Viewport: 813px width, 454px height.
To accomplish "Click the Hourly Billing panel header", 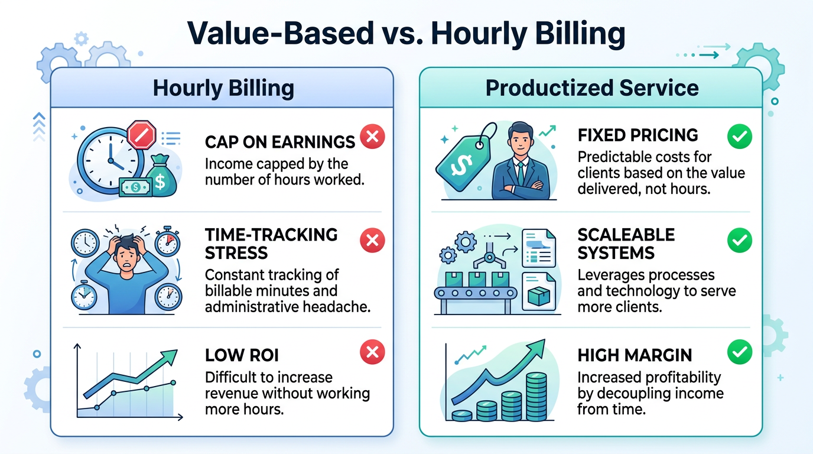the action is (x=223, y=89).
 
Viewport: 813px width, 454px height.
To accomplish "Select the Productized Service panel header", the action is (x=591, y=89).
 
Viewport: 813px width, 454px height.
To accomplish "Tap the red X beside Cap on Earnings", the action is (x=372, y=137).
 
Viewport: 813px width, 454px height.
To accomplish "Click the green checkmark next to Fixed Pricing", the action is (x=739, y=137).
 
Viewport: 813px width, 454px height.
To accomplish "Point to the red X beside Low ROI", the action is (x=372, y=353).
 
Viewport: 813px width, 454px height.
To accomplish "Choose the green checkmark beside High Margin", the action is (x=739, y=353).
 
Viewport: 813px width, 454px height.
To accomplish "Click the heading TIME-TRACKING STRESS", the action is (x=271, y=244).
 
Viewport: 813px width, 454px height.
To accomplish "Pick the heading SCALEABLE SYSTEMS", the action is (x=626, y=244).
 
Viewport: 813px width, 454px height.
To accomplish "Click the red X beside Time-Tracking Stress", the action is (x=372, y=240).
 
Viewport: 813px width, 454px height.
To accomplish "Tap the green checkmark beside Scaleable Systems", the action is (x=739, y=240).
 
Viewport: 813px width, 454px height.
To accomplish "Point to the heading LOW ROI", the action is (x=241, y=355).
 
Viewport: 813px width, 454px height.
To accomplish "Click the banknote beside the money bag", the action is (x=135, y=187).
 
